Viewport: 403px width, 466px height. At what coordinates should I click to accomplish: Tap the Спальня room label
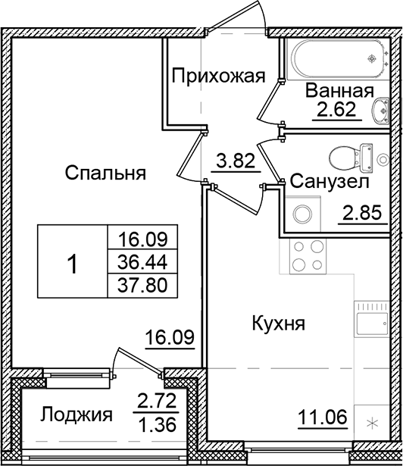(x=105, y=173)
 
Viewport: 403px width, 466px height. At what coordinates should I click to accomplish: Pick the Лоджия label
(x=77, y=414)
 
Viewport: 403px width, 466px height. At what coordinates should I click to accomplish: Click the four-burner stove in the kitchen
(x=306, y=258)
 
